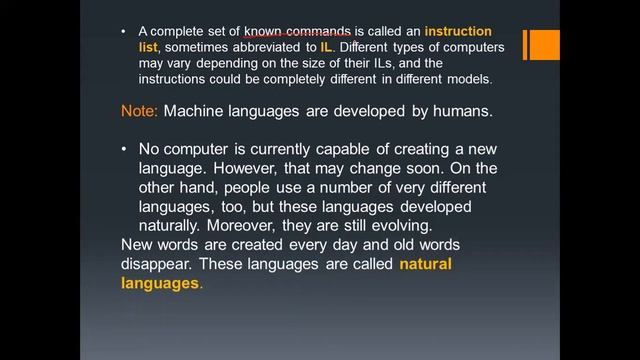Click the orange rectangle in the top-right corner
541,45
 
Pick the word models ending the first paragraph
467,79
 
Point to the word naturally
174,226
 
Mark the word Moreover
263,226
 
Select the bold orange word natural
426,265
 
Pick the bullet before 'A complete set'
123,32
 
